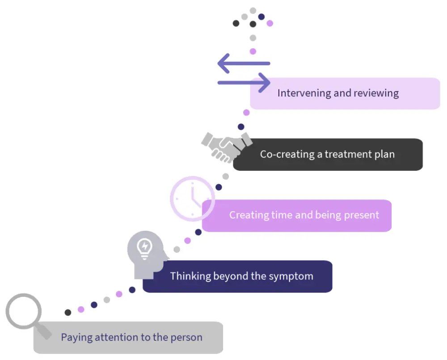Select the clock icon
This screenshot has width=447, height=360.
click(x=193, y=198)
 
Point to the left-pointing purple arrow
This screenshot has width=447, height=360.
click(x=244, y=63)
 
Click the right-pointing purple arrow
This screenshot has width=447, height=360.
click(x=244, y=82)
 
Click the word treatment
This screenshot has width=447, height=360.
click(x=347, y=154)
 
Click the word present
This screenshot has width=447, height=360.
click(x=360, y=215)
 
